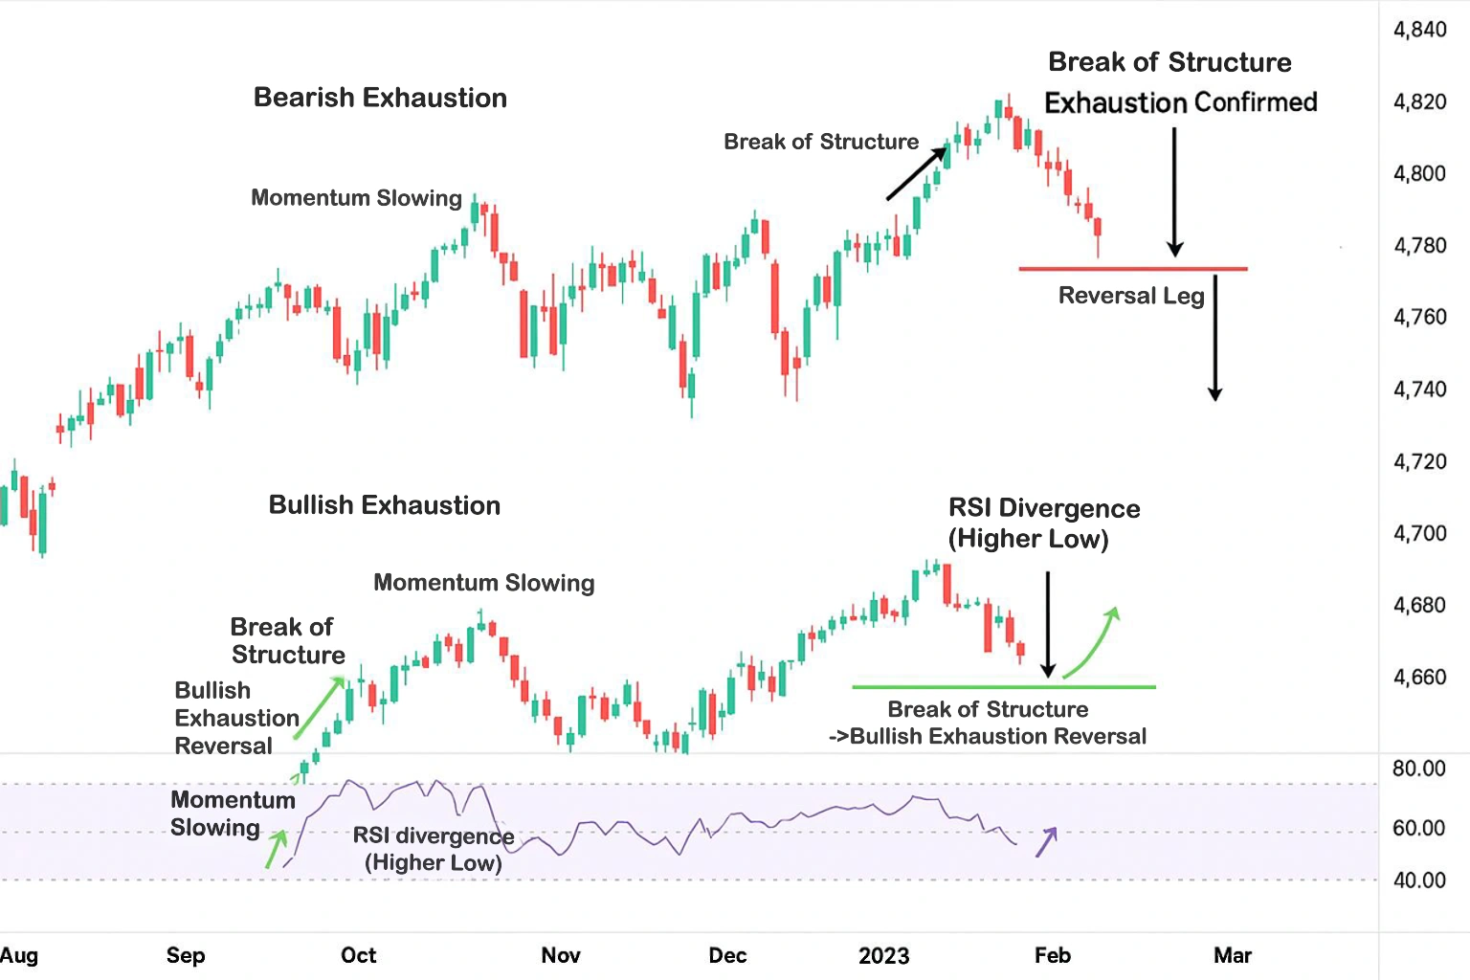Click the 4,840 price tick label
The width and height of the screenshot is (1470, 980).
click(1419, 30)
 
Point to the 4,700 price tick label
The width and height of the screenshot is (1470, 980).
click(1419, 533)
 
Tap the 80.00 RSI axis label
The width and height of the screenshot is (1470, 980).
click(1418, 768)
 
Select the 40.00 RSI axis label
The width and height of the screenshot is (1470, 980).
click(1418, 880)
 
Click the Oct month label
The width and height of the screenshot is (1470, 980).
click(359, 955)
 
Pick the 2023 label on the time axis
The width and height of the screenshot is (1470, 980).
click(883, 955)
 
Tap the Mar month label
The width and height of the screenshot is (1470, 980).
click(1233, 955)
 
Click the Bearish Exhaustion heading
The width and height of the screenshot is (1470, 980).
click(380, 98)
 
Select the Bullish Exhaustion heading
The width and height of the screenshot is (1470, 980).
click(384, 505)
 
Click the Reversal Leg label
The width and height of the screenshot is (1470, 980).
click(1131, 296)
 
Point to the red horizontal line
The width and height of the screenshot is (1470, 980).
click(1133, 269)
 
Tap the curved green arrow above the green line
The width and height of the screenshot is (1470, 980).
click(1092, 642)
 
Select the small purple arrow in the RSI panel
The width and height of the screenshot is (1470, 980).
click(1046, 841)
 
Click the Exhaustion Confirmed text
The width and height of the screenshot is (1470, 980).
click(1180, 102)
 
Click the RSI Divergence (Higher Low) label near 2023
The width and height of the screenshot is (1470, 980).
click(1043, 523)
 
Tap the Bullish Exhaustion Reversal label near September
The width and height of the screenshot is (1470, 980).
click(236, 718)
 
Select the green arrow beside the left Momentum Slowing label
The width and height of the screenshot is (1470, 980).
click(276, 848)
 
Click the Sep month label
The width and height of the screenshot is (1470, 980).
click(185, 955)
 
